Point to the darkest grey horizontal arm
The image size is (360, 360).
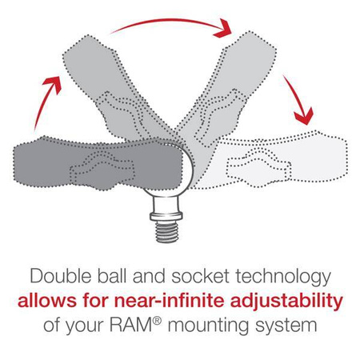[72, 159]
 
